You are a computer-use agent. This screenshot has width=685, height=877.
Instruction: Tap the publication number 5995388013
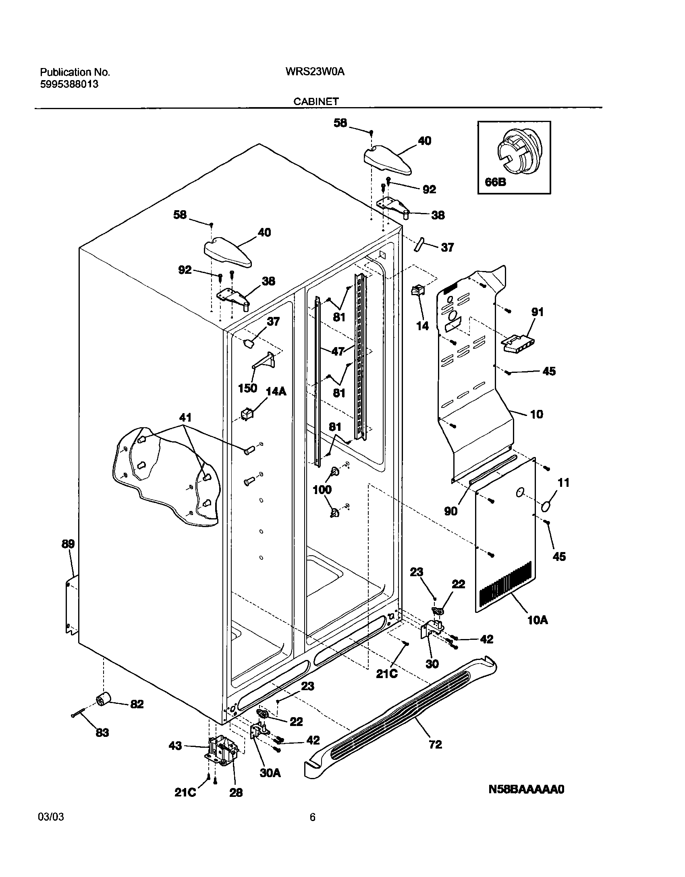(69, 84)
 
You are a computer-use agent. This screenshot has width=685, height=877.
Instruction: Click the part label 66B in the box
(495, 182)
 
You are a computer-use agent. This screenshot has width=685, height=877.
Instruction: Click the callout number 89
(68, 544)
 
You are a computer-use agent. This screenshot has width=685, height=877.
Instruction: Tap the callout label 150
(247, 388)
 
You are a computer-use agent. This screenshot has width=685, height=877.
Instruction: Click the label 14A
(276, 391)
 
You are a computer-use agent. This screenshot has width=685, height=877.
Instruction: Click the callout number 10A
(538, 620)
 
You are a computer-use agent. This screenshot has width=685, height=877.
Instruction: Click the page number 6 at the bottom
(312, 817)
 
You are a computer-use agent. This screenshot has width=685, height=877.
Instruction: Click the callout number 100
(322, 489)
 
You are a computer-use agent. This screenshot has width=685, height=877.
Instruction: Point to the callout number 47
(338, 351)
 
